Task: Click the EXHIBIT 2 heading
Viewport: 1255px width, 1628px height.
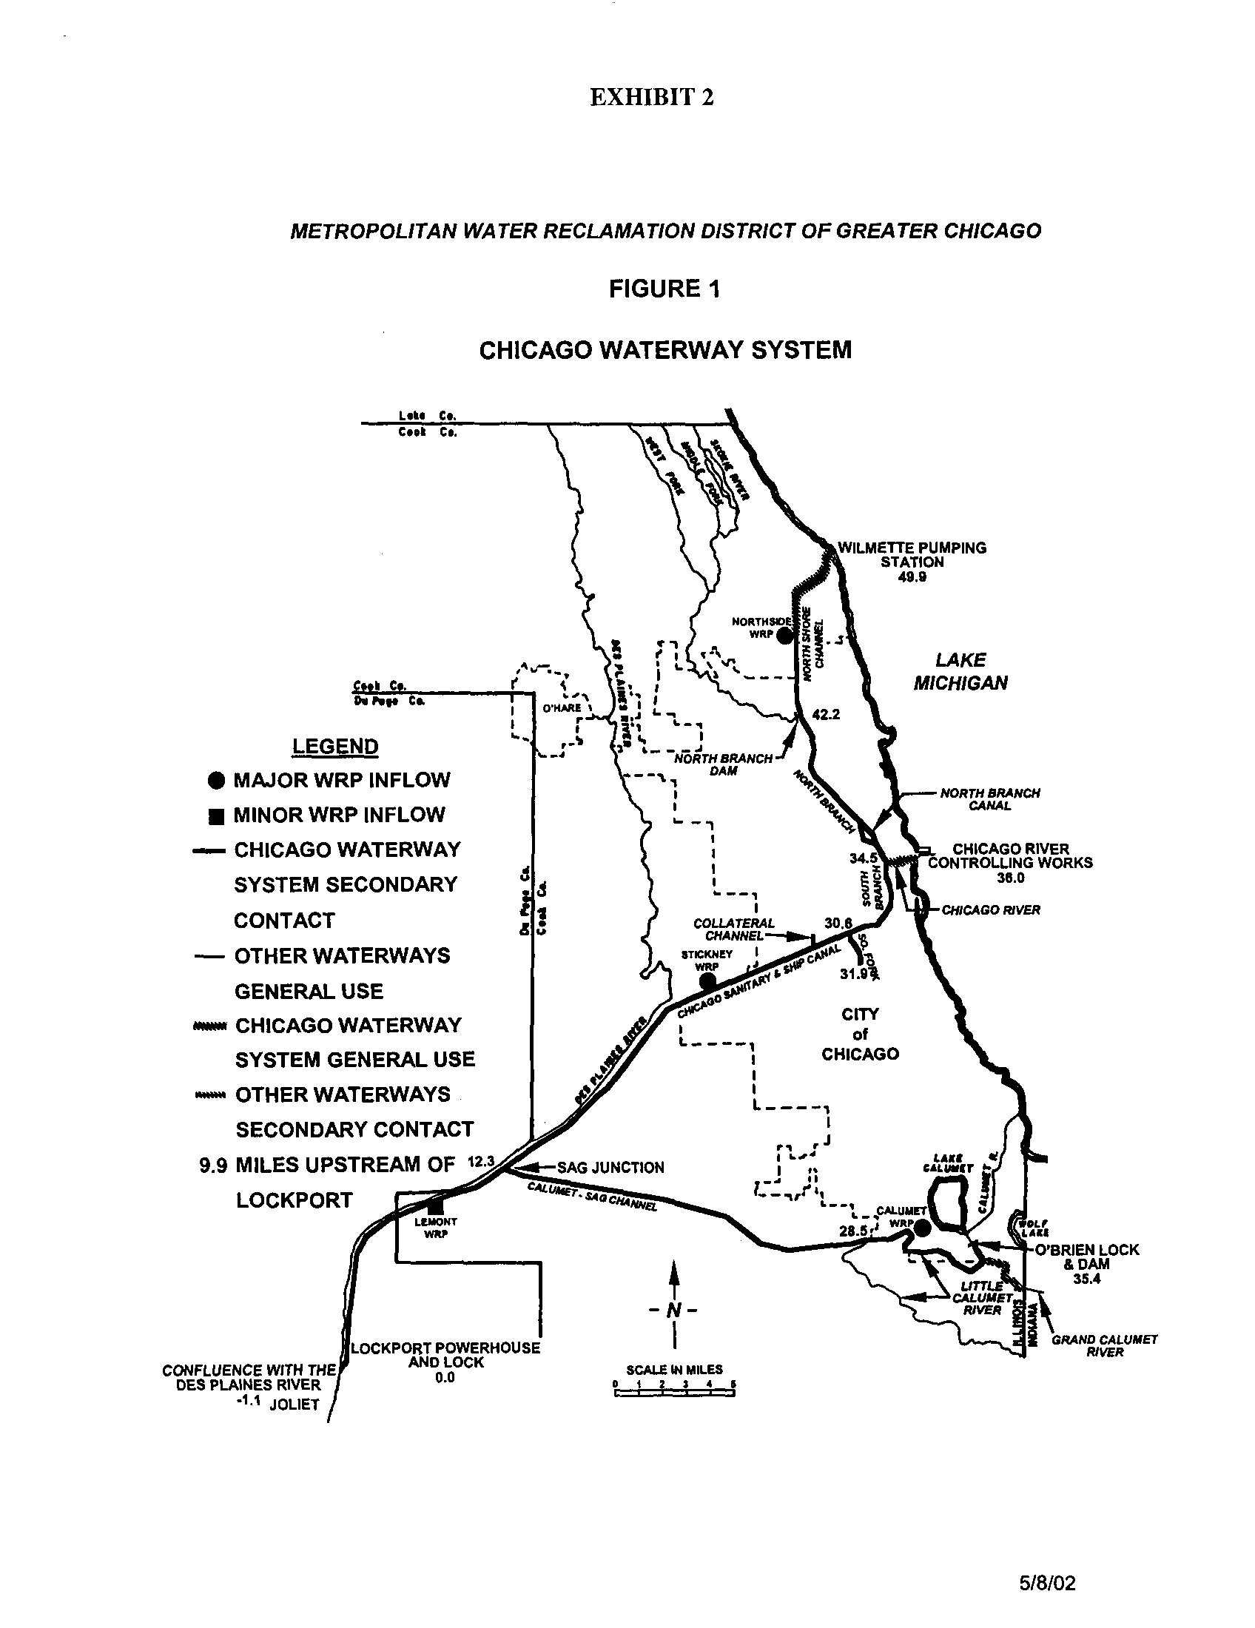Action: pyautogui.click(x=651, y=98)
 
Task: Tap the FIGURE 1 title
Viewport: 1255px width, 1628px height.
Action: pyautogui.click(x=664, y=289)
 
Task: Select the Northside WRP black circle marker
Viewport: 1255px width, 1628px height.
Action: pyautogui.click(x=783, y=636)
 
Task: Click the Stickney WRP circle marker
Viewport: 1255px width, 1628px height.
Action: pyautogui.click(x=707, y=983)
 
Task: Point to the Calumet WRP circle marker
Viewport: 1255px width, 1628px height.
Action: pyautogui.click(x=921, y=1228)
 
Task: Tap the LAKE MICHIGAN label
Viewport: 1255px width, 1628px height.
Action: pyautogui.click(x=960, y=671)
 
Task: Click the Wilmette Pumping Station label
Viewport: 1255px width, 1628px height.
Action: pyautogui.click(x=912, y=554)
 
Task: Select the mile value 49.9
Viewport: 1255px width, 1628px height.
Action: pyautogui.click(x=912, y=577)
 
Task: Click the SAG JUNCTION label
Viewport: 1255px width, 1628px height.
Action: pyautogui.click(x=610, y=1167)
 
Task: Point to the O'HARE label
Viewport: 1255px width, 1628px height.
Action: pyautogui.click(x=561, y=707)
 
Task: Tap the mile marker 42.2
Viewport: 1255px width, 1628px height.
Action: pyautogui.click(x=826, y=714)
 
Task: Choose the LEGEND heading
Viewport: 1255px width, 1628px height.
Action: pyautogui.click(x=334, y=746)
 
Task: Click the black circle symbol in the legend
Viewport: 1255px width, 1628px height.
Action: pyautogui.click(x=216, y=781)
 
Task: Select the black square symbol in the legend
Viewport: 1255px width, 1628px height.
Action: pyautogui.click(x=216, y=816)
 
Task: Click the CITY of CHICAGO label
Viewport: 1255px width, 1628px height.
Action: pyautogui.click(x=860, y=1034)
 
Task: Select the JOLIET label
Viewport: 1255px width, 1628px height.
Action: pyautogui.click(x=294, y=1405)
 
